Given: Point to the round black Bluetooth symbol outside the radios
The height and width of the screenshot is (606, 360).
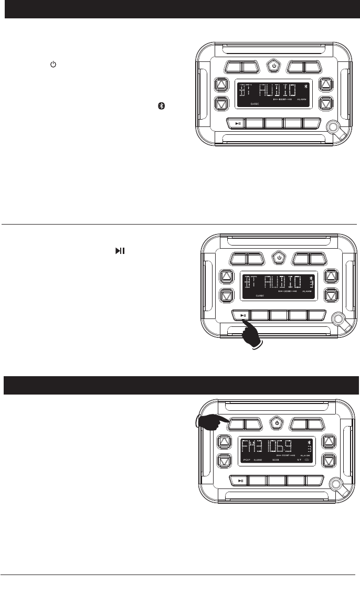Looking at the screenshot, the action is pos(163,105).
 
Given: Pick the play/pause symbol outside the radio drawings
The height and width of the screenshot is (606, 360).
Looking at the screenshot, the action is pos(120,252).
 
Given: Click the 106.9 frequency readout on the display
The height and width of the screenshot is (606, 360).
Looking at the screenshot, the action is pos(286,449).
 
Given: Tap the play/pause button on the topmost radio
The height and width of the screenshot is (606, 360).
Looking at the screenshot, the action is pos(238,124).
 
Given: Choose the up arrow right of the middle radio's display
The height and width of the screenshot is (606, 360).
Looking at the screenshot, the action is pos(331,277).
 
